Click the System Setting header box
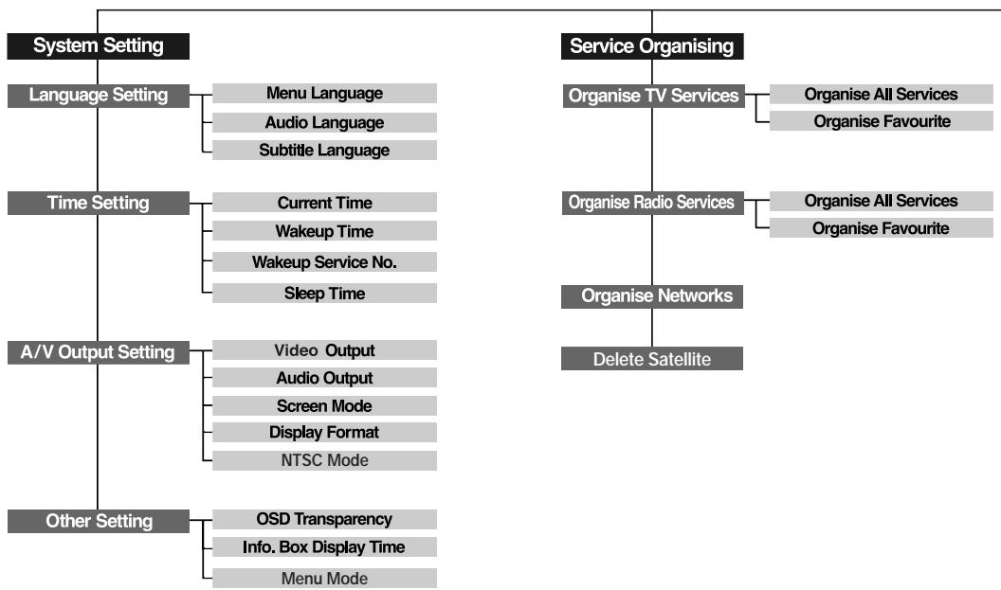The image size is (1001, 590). coord(99,45)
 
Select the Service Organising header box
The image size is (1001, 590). coord(652,45)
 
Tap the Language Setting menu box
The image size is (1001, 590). coord(99,95)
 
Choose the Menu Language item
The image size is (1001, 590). coord(324,94)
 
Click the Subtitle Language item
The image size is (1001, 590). coord(324,150)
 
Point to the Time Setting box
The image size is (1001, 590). coord(99,203)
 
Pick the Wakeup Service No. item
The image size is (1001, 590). coord(324,262)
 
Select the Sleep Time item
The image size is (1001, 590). coord(324,293)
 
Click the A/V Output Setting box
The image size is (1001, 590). coord(99,352)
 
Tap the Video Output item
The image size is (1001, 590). coord(324,350)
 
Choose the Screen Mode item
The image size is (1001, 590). coord(324,405)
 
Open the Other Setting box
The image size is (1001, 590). coord(99,521)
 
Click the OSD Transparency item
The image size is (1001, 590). coord(324,519)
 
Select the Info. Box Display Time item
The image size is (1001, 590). coord(324,546)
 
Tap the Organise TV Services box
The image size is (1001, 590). coord(652,96)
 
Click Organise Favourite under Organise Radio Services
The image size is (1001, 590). coord(881,228)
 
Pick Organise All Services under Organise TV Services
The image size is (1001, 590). coord(881,94)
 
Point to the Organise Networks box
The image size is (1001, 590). coord(652,295)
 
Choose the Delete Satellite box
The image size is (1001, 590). coord(652,359)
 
